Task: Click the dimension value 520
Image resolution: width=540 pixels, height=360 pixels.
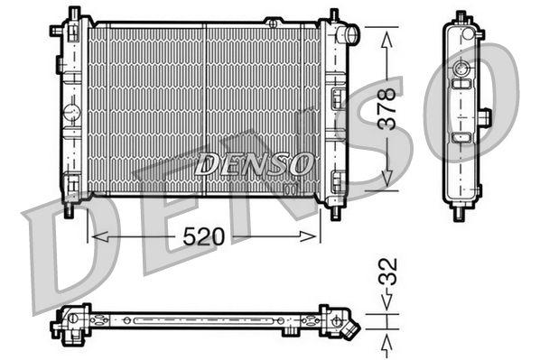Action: tap(203, 235)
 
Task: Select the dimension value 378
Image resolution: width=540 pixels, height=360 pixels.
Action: tap(387, 108)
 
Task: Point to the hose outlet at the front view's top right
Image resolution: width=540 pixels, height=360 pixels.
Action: tap(351, 34)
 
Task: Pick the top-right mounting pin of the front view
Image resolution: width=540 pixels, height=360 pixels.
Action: tap(334, 15)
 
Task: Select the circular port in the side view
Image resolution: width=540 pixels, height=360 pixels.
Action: tap(462, 69)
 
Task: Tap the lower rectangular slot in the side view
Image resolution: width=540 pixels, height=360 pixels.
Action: tap(462, 138)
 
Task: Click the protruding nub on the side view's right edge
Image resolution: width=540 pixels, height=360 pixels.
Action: tap(485, 116)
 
